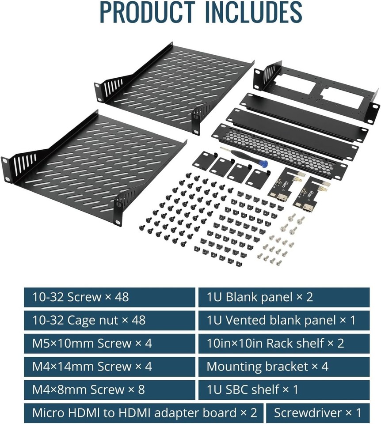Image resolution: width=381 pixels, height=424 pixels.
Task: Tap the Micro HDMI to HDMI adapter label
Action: (144, 413)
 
